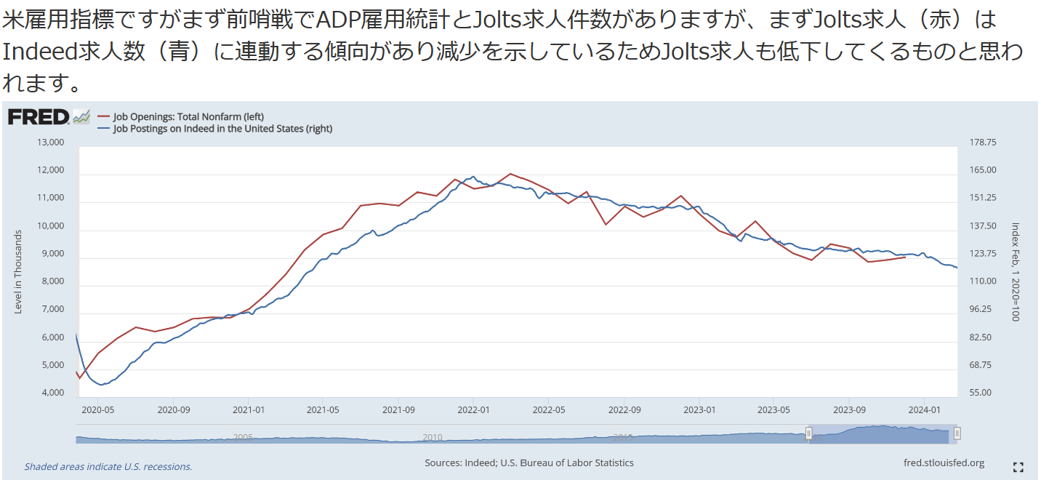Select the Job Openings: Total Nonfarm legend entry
point(188,116)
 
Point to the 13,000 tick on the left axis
point(51,143)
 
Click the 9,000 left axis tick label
point(51,254)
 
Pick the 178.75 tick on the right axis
point(981,143)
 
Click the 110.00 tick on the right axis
point(981,281)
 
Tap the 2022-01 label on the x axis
point(473,409)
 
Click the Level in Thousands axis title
point(18,271)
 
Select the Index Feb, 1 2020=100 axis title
point(1016,271)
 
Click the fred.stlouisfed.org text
point(944,463)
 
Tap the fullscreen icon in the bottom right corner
point(1018,467)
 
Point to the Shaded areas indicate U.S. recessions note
point(108,467)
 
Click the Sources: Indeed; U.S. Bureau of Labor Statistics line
point(529,463)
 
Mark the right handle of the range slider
point(957,433)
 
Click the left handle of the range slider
point(808,433)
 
